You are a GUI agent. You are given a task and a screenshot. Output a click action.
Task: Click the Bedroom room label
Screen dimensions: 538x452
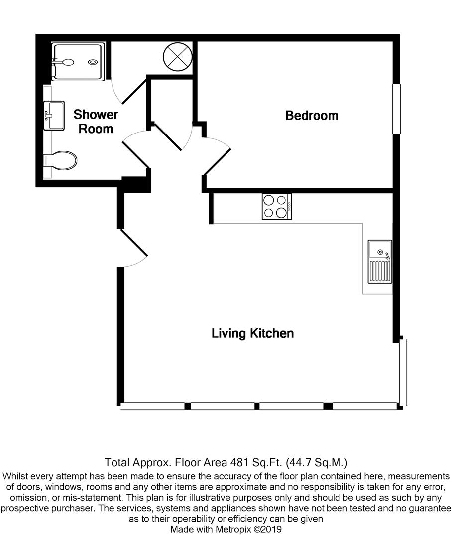click(312, 116)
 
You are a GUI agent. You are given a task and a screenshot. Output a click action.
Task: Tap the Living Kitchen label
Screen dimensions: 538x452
click(252, 333)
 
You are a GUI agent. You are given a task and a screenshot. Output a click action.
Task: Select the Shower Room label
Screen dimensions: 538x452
click(96, 122)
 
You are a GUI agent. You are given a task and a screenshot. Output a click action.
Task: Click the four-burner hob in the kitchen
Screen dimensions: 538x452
click(277, 207)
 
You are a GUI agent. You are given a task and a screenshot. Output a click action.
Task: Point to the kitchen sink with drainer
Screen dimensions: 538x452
click(380, 262)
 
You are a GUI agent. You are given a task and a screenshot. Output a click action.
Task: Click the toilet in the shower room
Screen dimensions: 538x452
click(62, 161)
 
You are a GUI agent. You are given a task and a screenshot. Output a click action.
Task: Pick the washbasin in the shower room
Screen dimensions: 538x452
click(54, 115)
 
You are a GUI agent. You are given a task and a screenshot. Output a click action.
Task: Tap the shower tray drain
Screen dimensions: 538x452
click(93, 62)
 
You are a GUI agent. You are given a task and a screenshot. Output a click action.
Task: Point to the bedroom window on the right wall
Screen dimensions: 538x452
click(396, 109)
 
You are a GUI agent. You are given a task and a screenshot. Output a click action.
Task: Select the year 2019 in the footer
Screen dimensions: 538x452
click(270, 530)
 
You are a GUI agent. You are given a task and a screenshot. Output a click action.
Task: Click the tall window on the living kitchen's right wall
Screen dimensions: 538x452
click(403, 373)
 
